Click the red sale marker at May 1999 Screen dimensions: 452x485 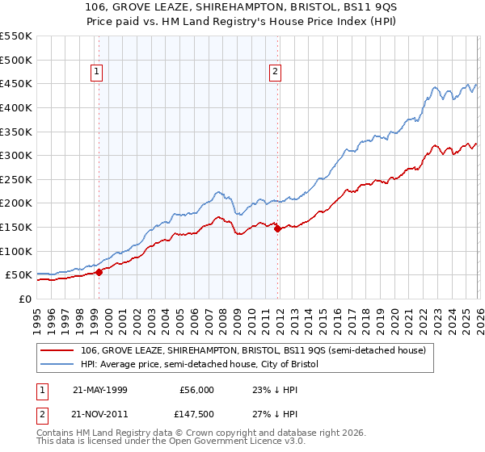pyautogui.click(x=99, y=272)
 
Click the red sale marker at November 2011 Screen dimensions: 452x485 pyautogui.click(x=277, y=228)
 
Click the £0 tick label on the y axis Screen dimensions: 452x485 pyautogui.click(x=24, y=299)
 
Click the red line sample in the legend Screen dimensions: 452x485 pyautogui.click(x=58, y=350)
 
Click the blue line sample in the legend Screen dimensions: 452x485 pyautogui.click(x=58, y=365)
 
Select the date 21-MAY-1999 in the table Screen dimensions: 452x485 pyautogui.click(x=100, y=389)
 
